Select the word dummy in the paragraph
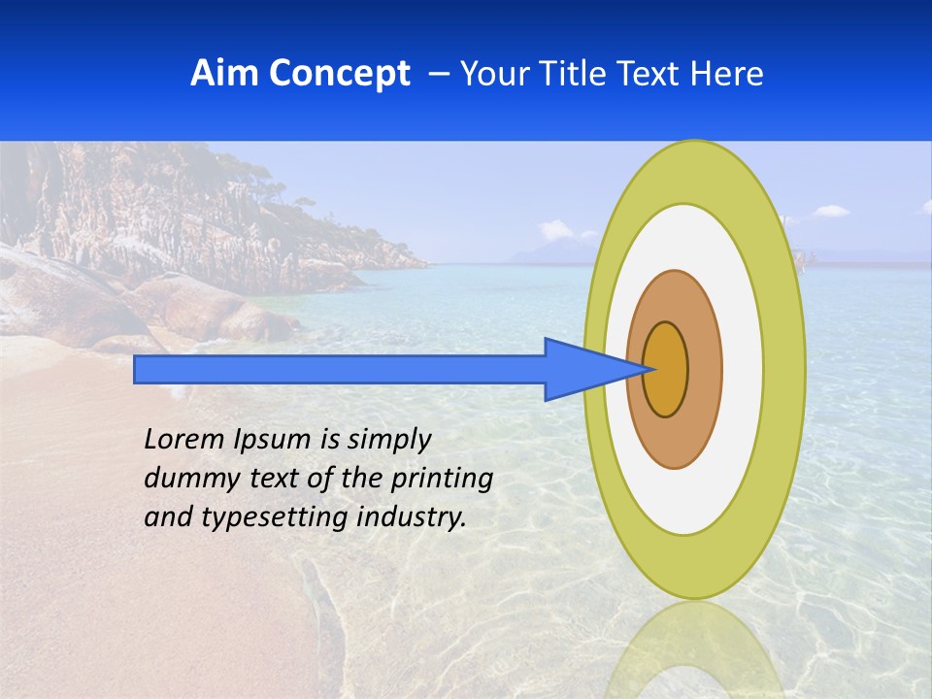click(x=188, y=479)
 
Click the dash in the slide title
click(x=438, y=74)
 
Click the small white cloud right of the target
click(x=830, y=210)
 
